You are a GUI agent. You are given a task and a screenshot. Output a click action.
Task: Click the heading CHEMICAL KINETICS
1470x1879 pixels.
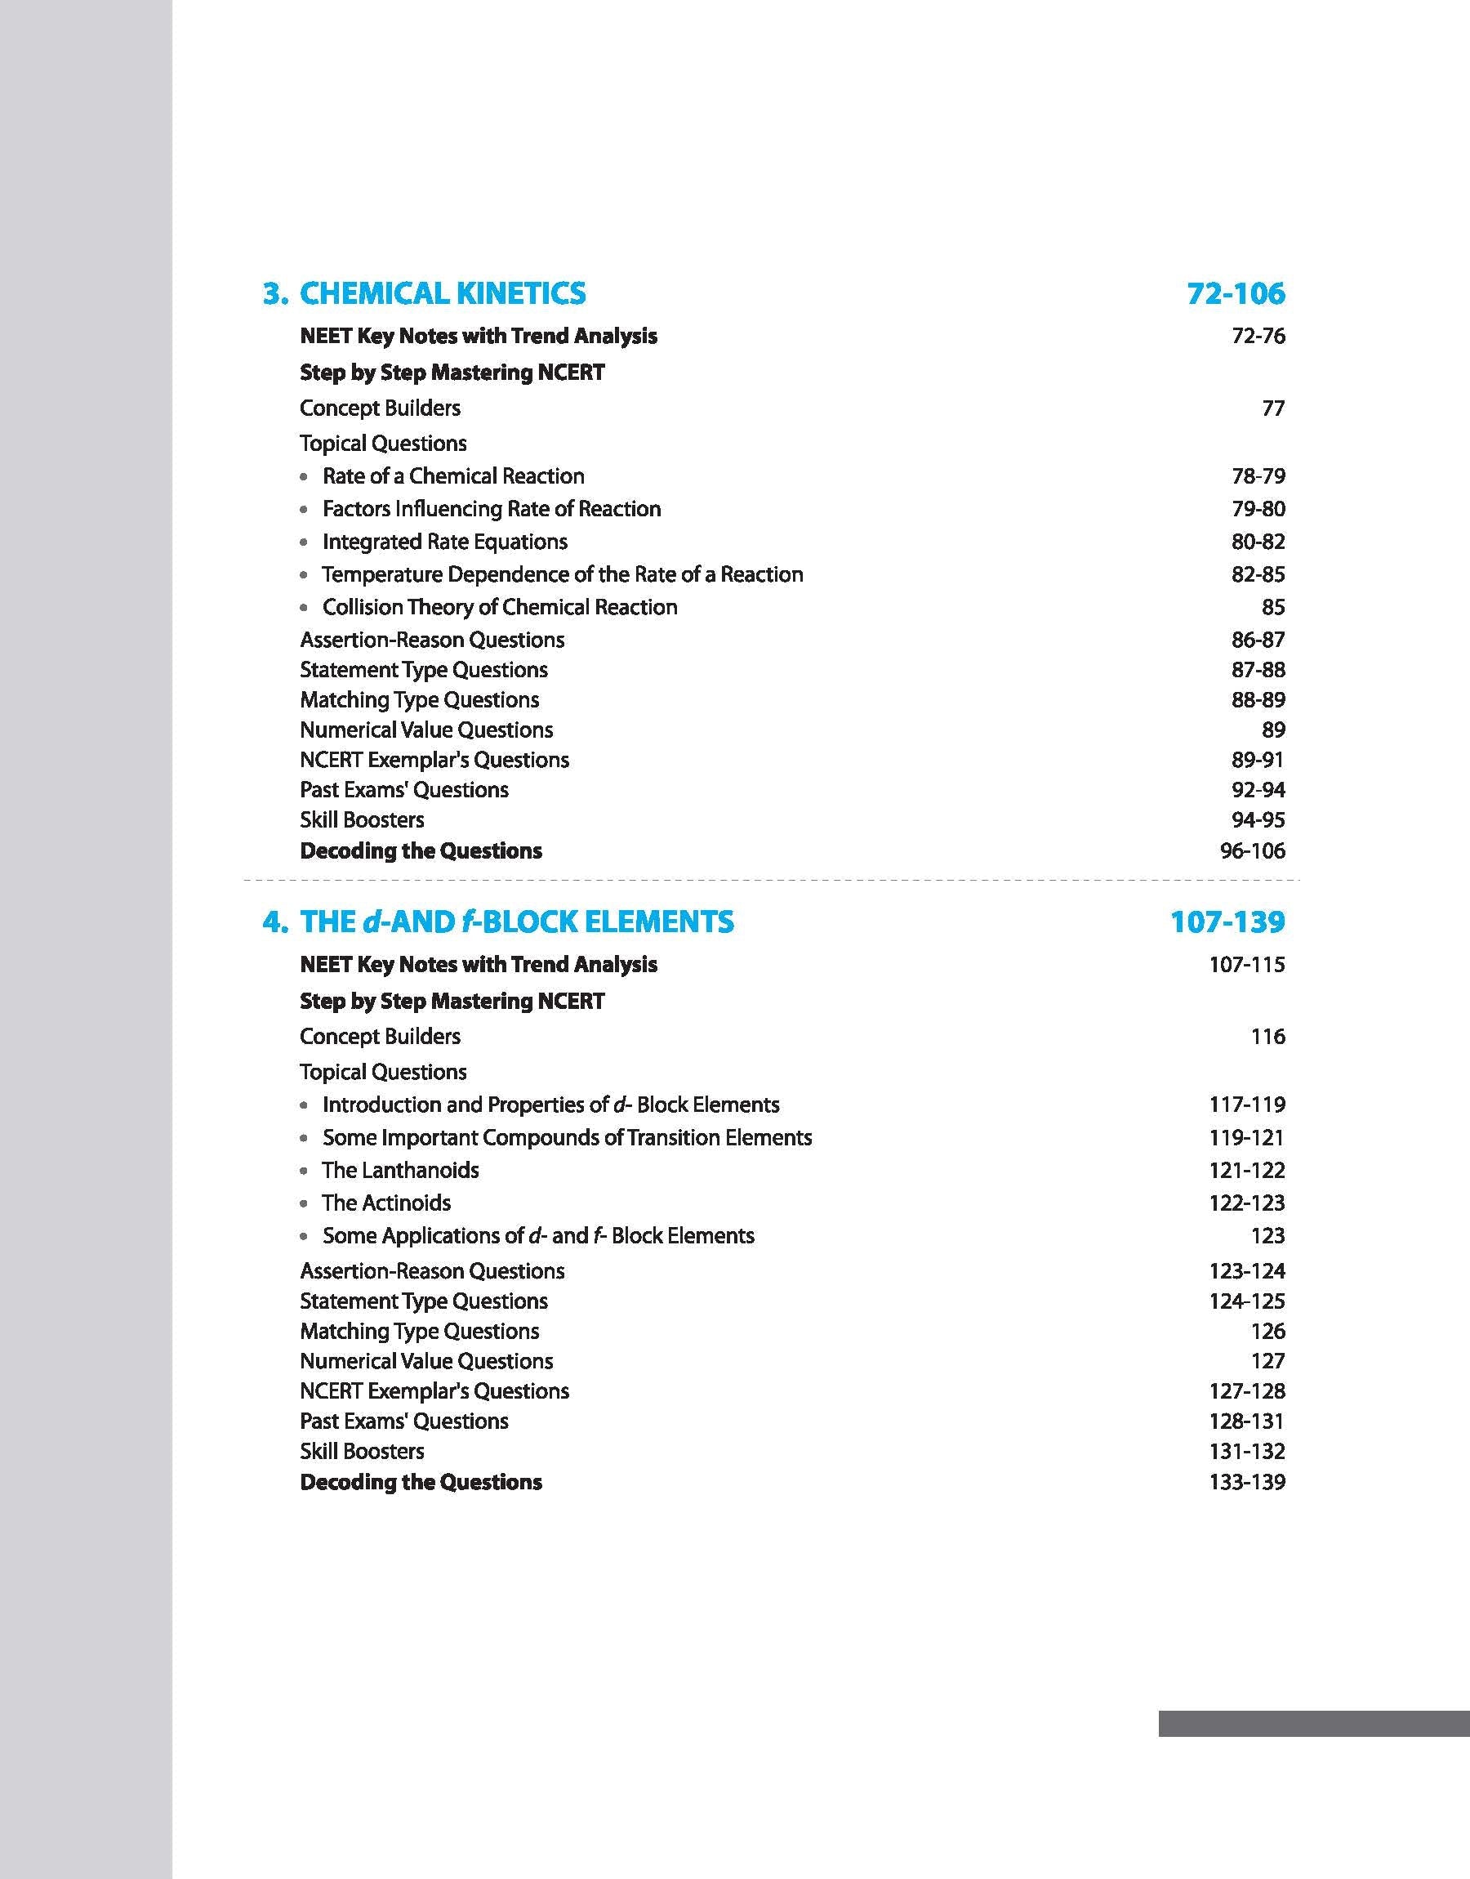coord(442,293)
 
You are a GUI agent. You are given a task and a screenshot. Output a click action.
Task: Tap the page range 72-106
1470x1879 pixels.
coord(1236,293)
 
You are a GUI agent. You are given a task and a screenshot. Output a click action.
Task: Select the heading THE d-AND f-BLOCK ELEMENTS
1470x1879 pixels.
coord(516,922)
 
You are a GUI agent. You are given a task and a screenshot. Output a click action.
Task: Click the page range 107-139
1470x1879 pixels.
coord(1227,922)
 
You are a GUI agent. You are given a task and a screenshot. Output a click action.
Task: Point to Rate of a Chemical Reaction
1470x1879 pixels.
coord(452,476)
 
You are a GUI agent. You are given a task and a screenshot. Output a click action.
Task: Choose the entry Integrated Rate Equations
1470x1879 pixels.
coord(444,542)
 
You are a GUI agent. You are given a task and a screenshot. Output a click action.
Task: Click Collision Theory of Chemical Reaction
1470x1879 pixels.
coord(499,607)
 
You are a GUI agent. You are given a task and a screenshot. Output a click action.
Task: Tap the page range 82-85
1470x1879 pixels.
coord(1258,574)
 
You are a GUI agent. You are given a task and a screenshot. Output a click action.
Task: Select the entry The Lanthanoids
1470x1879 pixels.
coord(400,1170)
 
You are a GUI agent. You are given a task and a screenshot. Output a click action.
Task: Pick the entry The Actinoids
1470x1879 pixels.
coord(386,1203)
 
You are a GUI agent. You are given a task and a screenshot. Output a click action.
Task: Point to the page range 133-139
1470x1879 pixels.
coord(1246,1481)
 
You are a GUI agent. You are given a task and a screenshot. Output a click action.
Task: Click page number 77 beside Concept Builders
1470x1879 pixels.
coord(1273,408)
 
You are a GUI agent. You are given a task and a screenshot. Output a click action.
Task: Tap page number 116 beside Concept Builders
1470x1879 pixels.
coord(1267,1037)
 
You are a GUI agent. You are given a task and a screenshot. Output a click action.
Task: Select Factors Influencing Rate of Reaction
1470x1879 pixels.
coord(492,509)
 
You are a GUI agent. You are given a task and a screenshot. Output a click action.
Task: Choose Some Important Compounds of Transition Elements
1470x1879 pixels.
coord(566,1137)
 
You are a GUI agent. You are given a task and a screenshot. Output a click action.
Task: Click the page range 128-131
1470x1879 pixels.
coord(1246,1420)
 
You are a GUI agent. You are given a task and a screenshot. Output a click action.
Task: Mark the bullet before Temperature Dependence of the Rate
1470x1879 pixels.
coord(304,575)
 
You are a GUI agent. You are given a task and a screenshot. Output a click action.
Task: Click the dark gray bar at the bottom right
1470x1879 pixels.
coord(1313,1723)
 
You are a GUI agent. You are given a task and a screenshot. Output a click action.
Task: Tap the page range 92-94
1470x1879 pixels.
coord(1258,789)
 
